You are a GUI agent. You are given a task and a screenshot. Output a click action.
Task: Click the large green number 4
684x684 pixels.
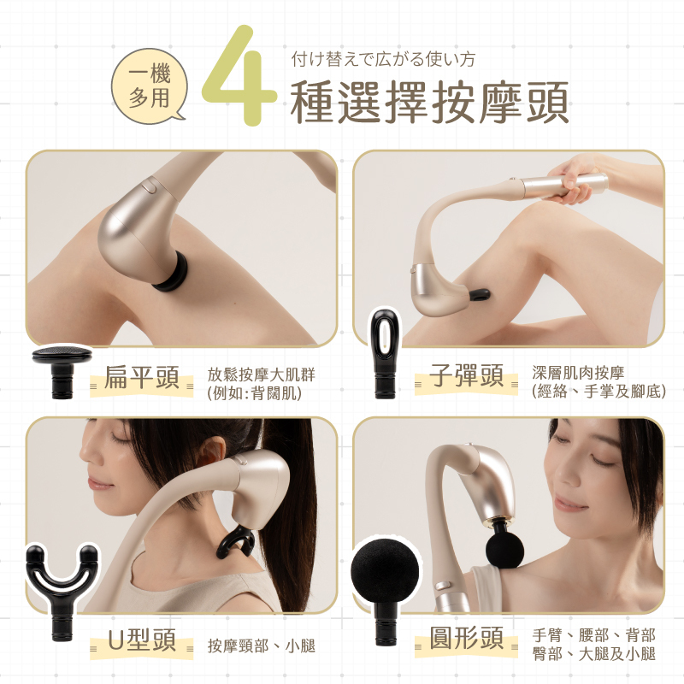(239, 76)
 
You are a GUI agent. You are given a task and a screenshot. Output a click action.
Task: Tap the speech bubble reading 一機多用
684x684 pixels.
(149, 86)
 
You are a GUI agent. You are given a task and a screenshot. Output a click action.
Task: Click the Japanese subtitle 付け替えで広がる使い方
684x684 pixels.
(383, 59)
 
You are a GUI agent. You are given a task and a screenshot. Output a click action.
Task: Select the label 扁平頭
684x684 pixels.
(142, 377)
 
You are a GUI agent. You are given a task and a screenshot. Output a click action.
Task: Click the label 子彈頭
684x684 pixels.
(466, 375)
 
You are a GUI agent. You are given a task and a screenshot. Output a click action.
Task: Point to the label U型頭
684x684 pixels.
(142, 640)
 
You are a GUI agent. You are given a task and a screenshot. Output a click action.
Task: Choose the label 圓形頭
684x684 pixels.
(466, 638)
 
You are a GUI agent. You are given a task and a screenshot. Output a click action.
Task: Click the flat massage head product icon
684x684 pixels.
(62, 371)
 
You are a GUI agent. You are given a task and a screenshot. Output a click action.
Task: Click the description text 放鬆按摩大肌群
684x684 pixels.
(261, 374)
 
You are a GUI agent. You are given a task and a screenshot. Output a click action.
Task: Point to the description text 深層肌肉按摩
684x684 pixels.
(578, 373)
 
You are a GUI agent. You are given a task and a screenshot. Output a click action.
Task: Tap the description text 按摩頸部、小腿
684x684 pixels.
(261, 646)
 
